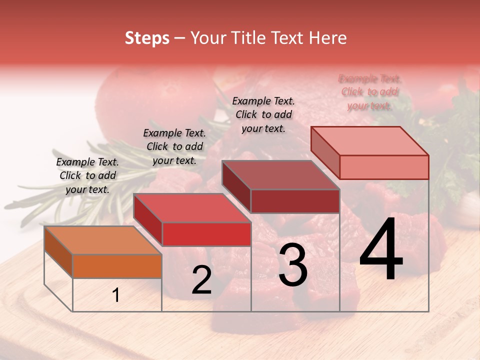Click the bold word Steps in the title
147,38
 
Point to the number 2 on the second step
201,280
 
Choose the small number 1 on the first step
116,295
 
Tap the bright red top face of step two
192,208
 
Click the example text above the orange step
87,175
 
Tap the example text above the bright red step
174,146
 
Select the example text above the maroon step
263,114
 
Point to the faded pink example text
369,92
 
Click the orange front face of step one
117,266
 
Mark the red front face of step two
206,234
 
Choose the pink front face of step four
384,167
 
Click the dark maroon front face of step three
295,201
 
